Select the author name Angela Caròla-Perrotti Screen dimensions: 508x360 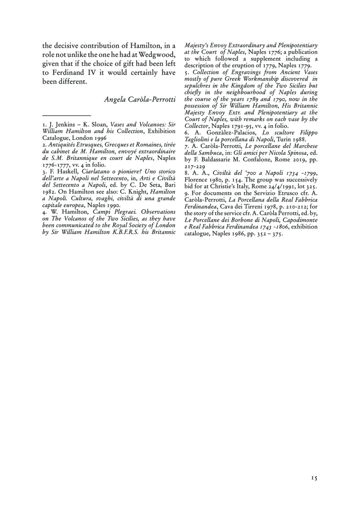[140, 99]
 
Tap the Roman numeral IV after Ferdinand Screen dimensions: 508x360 [92, 72]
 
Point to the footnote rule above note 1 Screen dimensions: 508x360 [66, 115]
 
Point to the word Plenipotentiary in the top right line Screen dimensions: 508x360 [297, 45]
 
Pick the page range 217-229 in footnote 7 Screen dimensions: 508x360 [195, 166]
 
